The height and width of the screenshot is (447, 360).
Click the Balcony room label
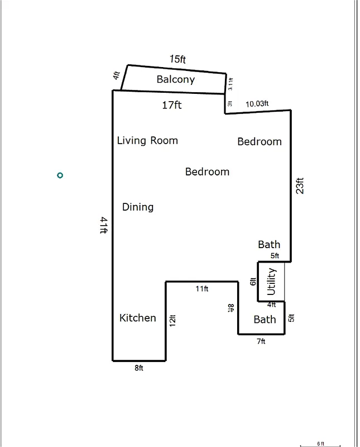pos(175,79)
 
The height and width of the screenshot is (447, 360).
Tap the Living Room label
pos(147,140)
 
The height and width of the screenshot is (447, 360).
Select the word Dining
pos(138,207)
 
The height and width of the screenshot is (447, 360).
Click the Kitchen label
pos(138,318)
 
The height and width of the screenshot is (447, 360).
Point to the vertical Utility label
pos(271,282)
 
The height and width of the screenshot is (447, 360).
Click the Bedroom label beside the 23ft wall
pos(260,142)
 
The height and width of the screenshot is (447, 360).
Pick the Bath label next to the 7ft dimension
pos(265,320)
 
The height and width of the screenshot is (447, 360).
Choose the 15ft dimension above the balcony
pos(177,59)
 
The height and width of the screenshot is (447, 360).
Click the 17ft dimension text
pos(172,104)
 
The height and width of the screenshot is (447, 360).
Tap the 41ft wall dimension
pos(103,226)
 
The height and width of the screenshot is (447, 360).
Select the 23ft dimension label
pos(300,186)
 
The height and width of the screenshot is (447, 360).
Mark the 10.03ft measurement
pos(257,103)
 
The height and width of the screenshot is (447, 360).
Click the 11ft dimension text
pos(202,289)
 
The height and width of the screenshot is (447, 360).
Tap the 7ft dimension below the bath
pos(261,341)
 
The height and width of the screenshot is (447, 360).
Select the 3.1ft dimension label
pos(231,84)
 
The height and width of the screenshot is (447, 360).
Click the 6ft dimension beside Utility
pos(253,282)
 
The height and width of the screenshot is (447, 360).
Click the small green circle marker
pos(60,175)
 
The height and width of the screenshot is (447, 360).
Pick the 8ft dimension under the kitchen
pos(139,368)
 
